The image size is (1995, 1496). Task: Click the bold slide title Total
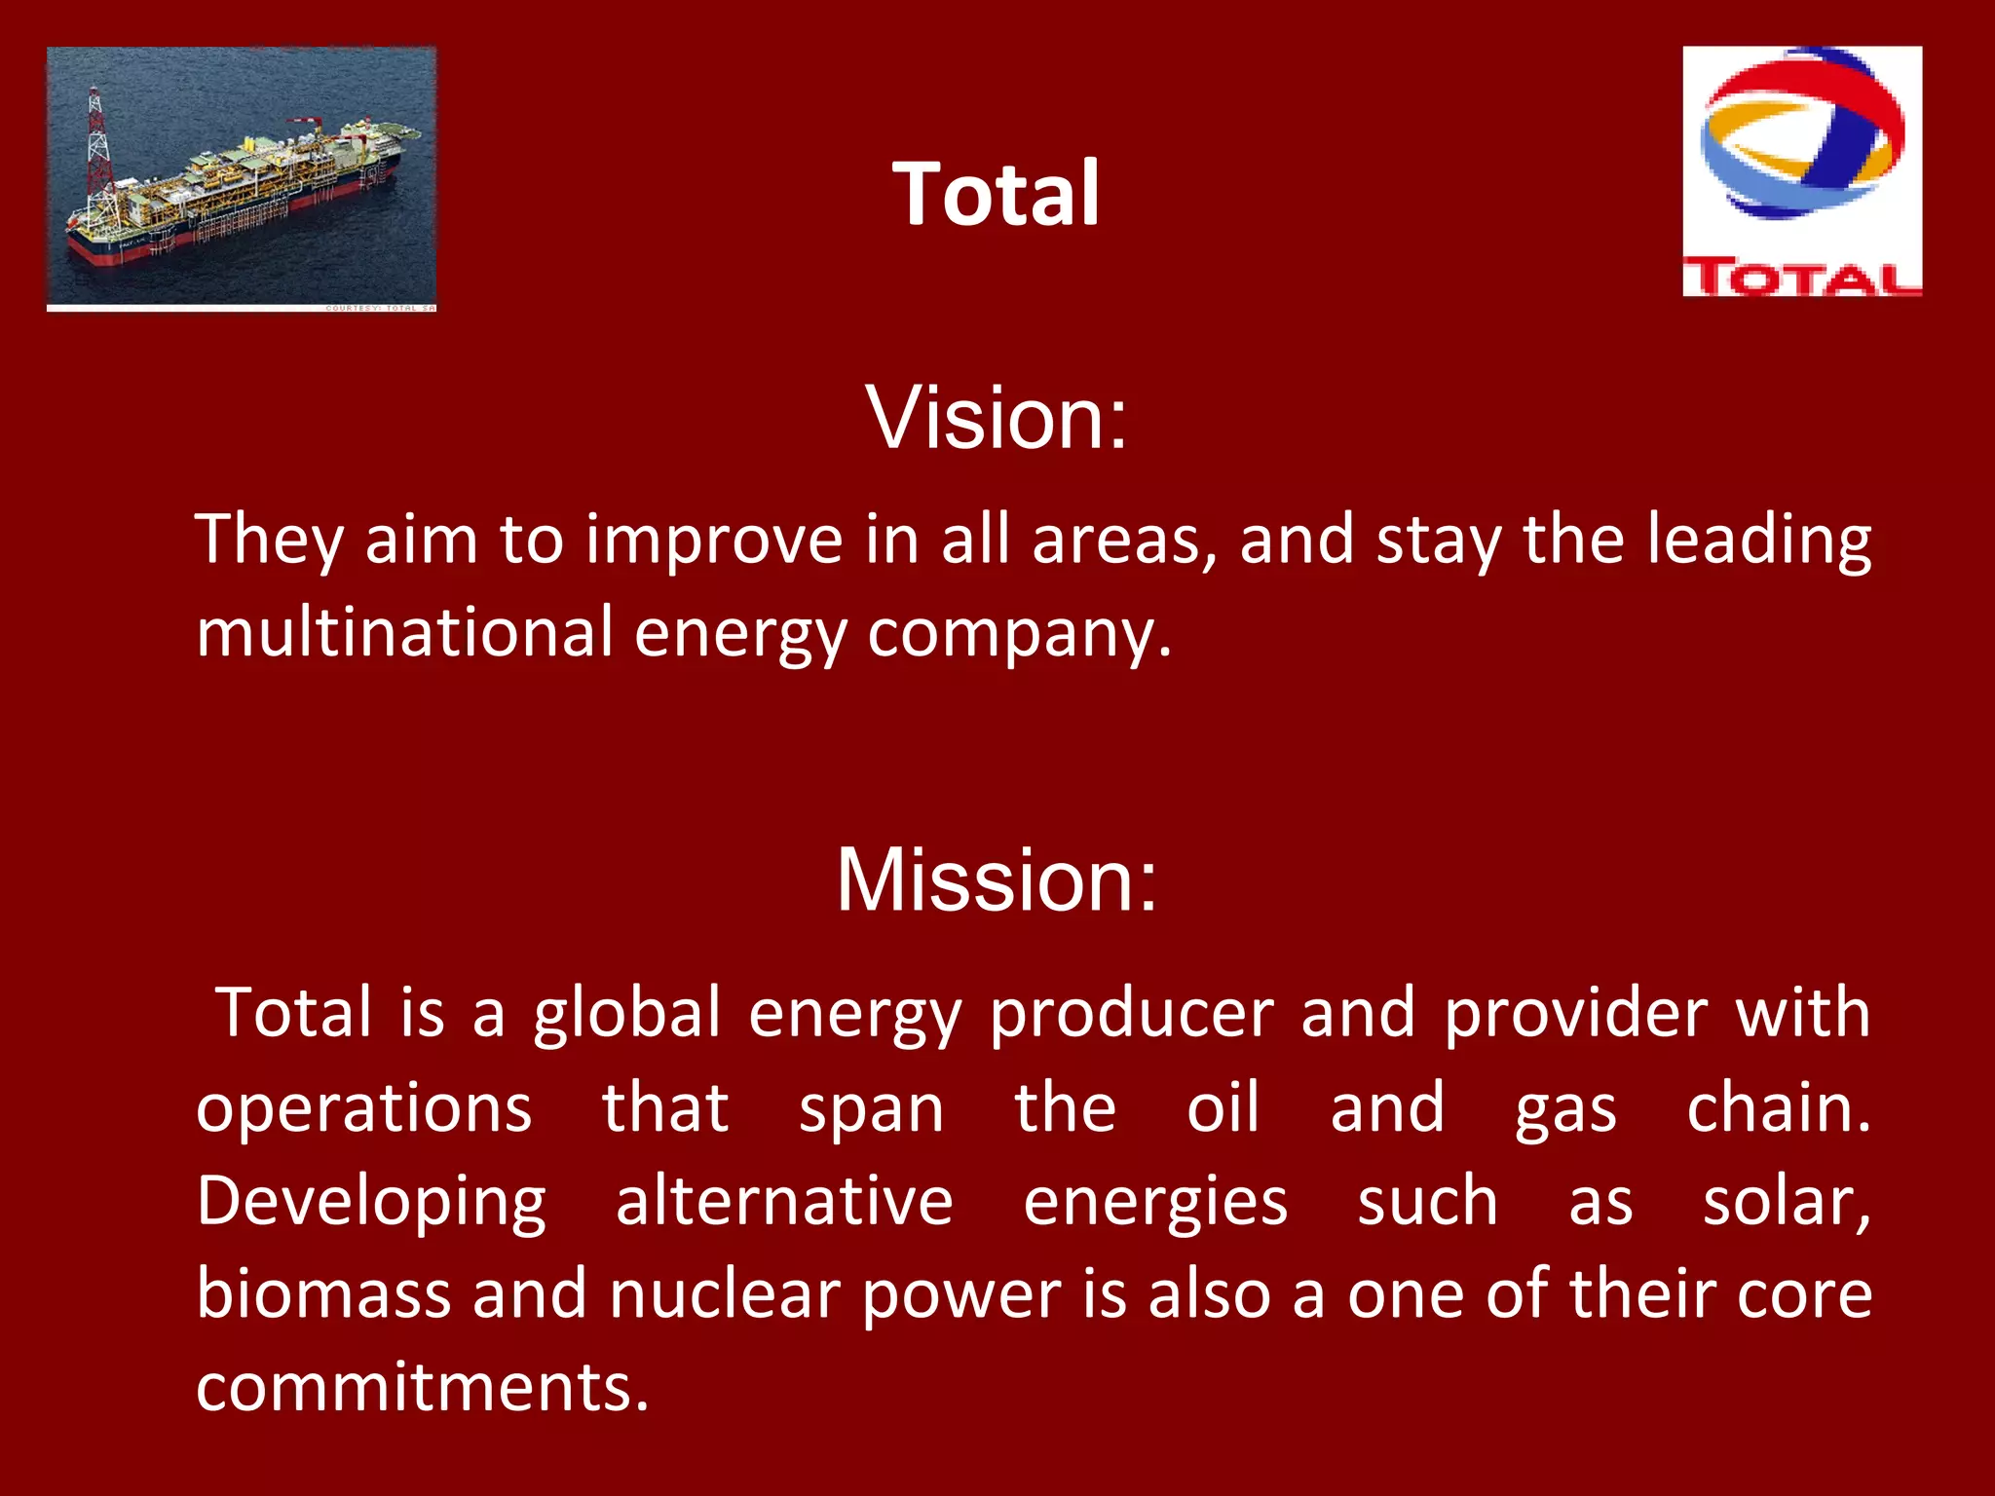(996, 194)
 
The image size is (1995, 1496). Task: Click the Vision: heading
(996, 418)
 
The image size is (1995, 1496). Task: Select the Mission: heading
(996, 880)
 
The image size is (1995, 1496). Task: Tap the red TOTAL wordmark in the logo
(1801, 279)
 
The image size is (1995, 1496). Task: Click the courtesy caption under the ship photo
(380, 309)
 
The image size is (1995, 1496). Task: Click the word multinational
(404, 632)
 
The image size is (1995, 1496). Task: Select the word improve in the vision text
(713, 540)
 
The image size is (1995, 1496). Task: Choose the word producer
(1131, 1015)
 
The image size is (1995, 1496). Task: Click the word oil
(1223, 1107)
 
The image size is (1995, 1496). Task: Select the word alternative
(784, 1201)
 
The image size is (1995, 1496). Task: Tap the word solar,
(1787, 1203)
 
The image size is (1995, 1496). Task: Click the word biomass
(323, 1294)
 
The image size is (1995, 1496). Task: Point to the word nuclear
(726, 1294)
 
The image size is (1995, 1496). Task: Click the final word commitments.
(422, 1388)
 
